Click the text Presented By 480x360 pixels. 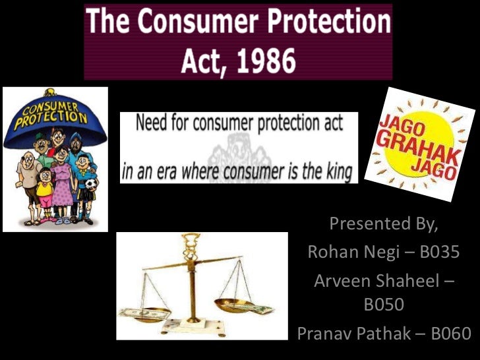(x=383, y=224)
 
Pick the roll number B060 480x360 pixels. (x=452, y=333)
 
